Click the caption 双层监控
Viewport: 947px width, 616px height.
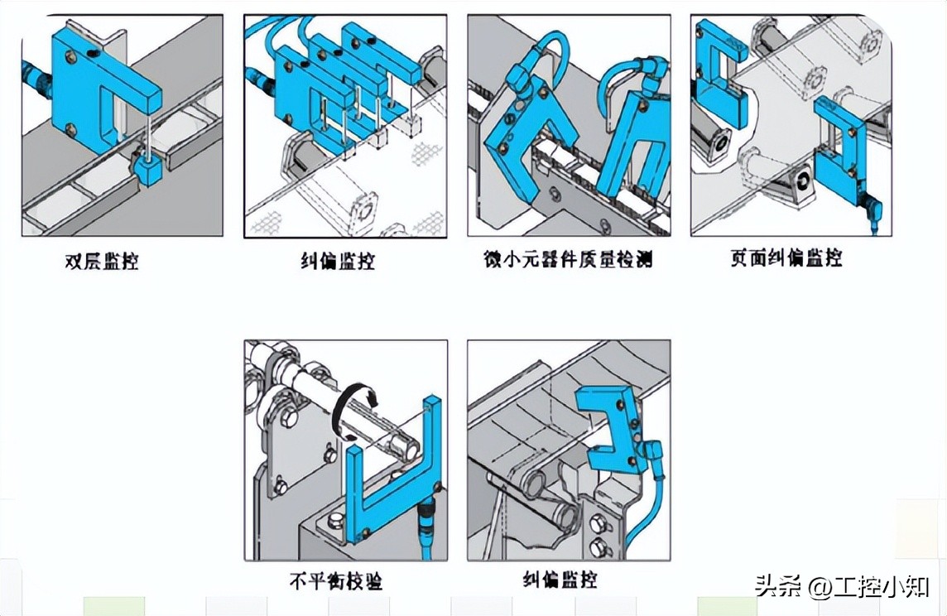[x=101, y=262]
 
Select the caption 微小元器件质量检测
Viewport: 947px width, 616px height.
[x=568, y=260]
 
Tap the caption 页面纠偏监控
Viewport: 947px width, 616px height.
[x=786, y=258]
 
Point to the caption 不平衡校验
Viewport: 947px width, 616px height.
[x=336, y=581]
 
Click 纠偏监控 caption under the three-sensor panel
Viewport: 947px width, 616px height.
[x=338, y=262]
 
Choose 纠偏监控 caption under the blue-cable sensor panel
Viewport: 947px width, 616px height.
[x=560, y=580]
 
